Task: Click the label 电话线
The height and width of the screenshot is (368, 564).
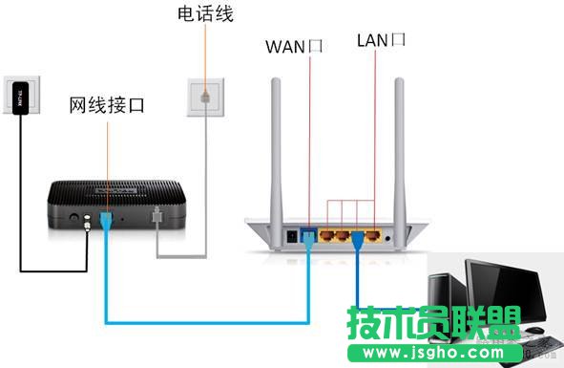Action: [205, 14]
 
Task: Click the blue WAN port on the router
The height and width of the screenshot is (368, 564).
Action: [308, 232]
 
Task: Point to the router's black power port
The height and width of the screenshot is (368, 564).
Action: [290, 233]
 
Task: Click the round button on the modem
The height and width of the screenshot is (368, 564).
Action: [73, 219]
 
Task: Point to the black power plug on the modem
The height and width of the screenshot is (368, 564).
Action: [89, 222]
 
